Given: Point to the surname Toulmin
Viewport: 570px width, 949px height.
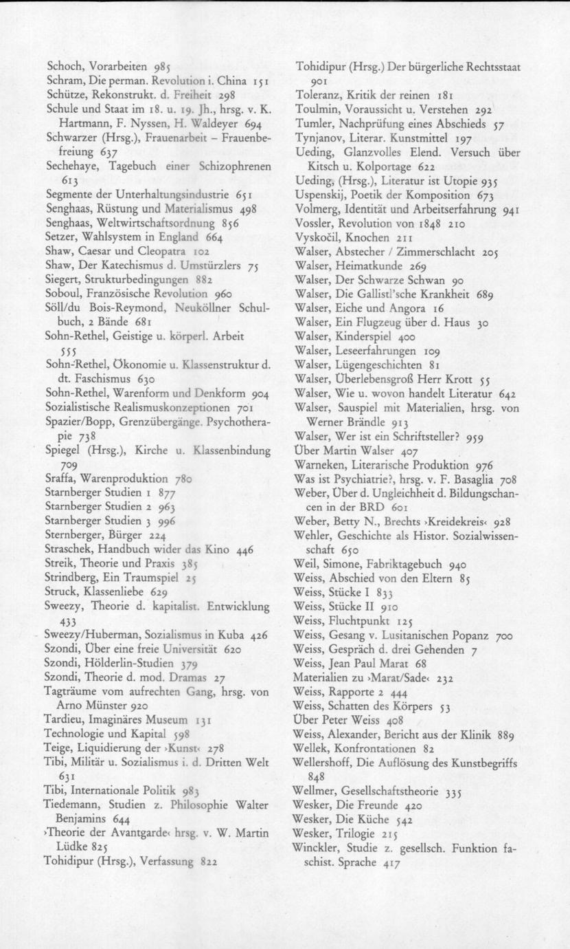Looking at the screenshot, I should tap(315, 109).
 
